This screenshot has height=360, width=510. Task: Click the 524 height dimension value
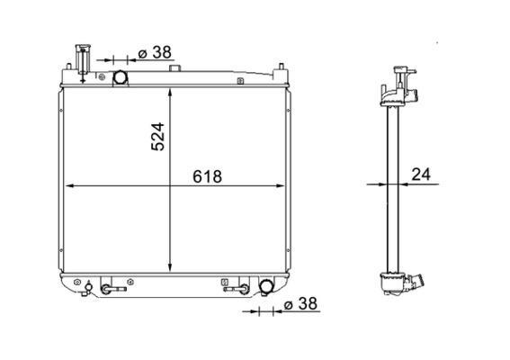point(158,137)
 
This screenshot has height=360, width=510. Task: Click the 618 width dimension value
point(207,176)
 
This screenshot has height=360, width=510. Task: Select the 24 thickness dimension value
point(421,175)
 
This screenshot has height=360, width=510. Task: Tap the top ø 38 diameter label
point(155,52)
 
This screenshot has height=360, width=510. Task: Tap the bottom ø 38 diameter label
point(300,304)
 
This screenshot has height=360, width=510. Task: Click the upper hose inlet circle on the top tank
point(120,77)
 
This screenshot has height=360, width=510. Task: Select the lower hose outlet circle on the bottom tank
point(266,286)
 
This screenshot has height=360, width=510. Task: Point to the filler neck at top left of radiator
point(83,62)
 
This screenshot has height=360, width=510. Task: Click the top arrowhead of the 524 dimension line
point(170,92)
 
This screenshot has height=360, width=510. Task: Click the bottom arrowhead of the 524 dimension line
point(170,267)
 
